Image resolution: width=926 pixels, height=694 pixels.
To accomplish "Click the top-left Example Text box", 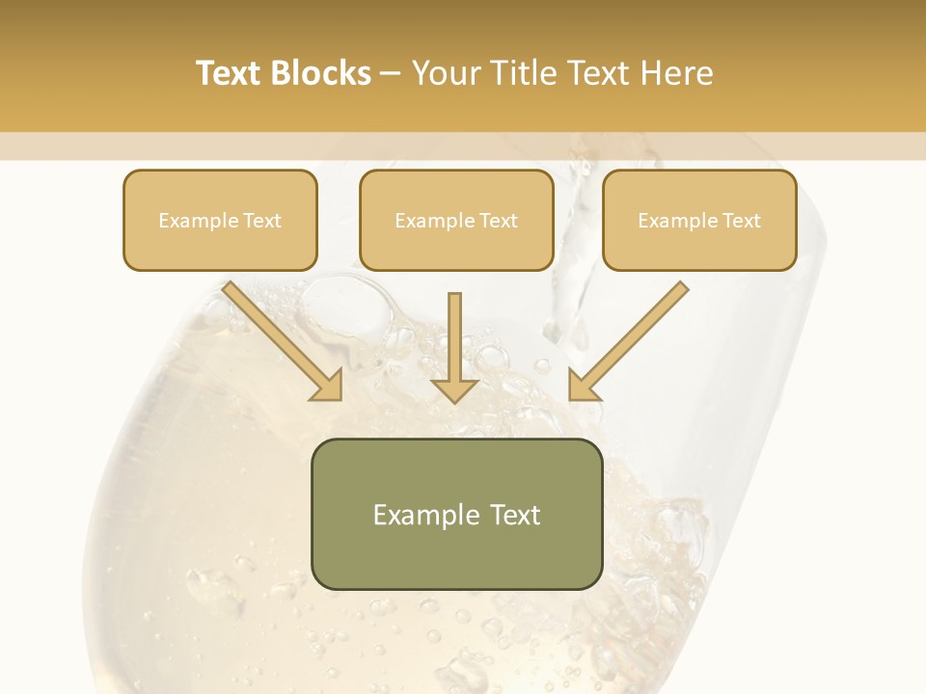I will (x=220, y=220).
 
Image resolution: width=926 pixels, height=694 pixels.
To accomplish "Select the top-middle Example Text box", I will (x=456, y=220).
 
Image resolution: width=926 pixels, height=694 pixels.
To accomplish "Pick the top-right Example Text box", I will (x=699, y=220).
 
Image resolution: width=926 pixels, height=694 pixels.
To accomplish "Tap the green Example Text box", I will (x=456, y=514).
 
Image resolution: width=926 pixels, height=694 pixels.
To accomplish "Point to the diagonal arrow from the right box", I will (x=629, y=339).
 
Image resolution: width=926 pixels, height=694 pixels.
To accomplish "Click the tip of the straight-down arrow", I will (x=454, y=399).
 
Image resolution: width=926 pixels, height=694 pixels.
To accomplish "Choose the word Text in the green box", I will (x=513, y=515).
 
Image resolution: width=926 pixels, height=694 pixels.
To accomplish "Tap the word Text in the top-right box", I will (x=741, y=221).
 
